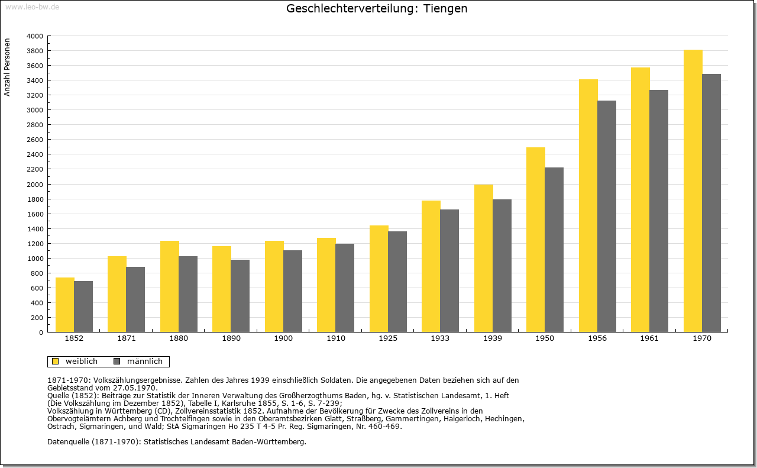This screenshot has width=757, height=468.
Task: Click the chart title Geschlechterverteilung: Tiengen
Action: coord(377,9)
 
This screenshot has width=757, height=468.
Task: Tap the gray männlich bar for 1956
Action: coord(607,216)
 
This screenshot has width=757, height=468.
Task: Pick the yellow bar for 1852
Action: coord(65,305)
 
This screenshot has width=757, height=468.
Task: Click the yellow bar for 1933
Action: coord(431,266)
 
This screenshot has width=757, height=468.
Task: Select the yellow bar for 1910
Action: coord(326,285)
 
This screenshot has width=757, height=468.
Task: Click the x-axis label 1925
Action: coord(388,338)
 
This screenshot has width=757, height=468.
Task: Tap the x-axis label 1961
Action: coord(649,338)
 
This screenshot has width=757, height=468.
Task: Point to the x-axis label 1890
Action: coord(231,338)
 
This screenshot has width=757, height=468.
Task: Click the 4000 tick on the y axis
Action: coord(35,36)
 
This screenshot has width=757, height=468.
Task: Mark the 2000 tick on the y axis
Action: coord(35,184)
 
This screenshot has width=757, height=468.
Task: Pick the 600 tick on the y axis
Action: coord(37,288)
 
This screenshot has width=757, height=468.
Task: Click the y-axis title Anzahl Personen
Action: coord(8,67)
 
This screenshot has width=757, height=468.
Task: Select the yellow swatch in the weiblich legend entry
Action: coord(56,361)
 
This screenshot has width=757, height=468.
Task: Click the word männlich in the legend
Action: coord(144,361)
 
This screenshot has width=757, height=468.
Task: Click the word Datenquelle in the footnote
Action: coord(69,441)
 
